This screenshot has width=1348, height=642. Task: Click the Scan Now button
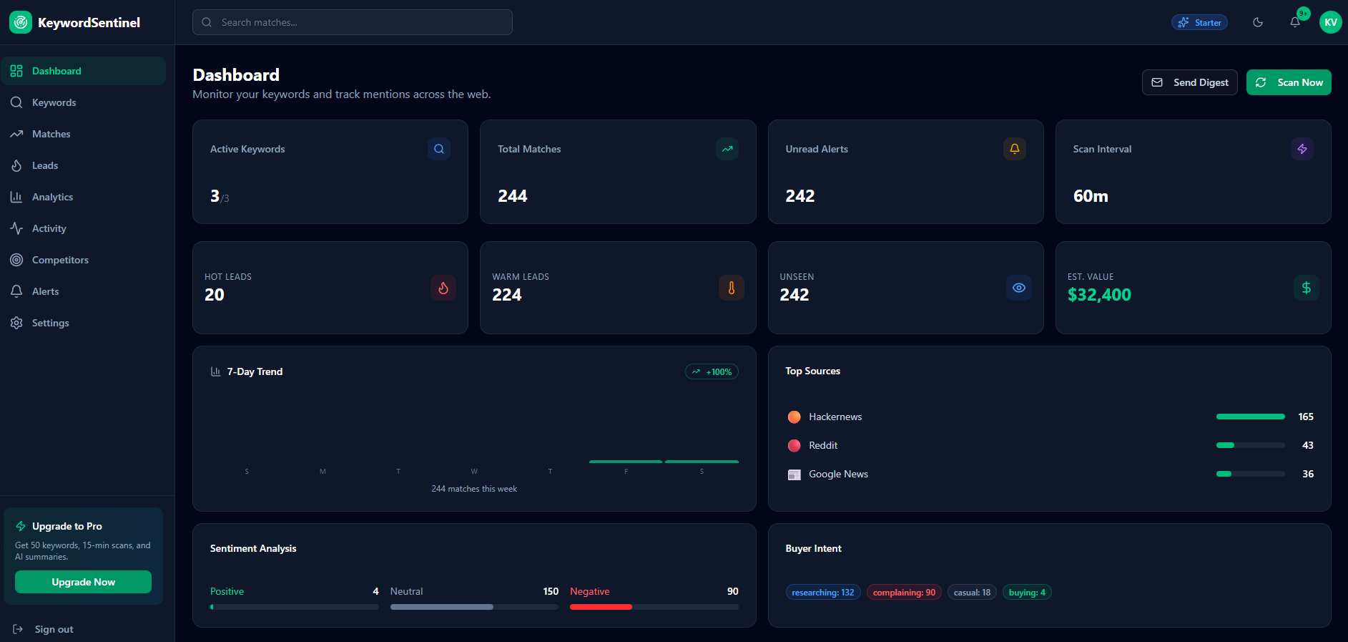[x=1289, y=82]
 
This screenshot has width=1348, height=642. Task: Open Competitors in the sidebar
[x=60, y=260]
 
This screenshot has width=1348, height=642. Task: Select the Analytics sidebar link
[x=52, y=197]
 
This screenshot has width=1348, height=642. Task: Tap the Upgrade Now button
[x=83, y=582]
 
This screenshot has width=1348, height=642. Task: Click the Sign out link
[x=54, y=629]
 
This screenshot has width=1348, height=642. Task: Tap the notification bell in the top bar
[x=1295, y=22]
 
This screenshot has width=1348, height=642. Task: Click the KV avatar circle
[x=1330, y=22]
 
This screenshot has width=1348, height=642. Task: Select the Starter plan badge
[x=1199, y=22]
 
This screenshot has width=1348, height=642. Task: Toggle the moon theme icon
[x=1258, y=22]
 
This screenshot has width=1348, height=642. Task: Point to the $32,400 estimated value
[x=1099, y=295]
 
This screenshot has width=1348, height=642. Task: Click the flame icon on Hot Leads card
[x=443, y=288]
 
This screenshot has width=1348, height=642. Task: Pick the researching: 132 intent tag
[x=822, y=593]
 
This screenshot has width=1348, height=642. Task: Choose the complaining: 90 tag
[x=904, y=593]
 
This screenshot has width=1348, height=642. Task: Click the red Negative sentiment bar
[x=601, y=607]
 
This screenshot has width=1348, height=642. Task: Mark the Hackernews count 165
[x=1305, y=417]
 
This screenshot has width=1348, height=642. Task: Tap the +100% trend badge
[x=712, y=372]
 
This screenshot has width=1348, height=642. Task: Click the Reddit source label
[x=823, y=445]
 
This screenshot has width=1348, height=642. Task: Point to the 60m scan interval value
[x=1091, y=196]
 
